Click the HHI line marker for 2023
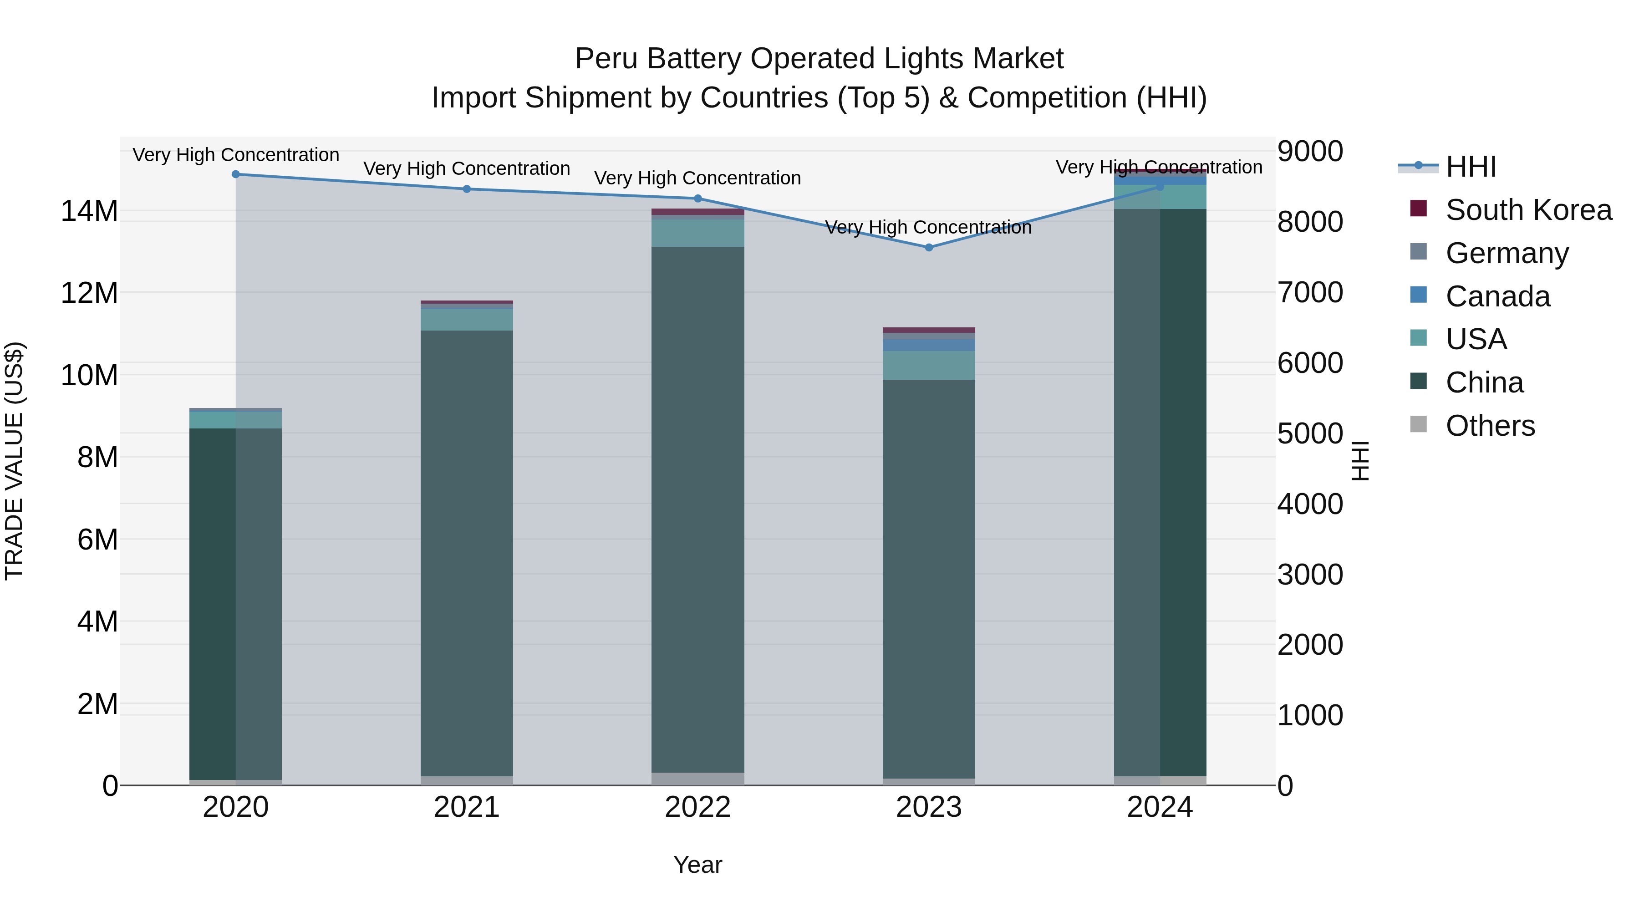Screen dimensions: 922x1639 [928, 248]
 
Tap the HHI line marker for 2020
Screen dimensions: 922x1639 [235, 174]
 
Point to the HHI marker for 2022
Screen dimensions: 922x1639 [697, 199]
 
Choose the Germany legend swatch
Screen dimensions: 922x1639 [1418, 252]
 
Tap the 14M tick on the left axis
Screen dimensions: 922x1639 [89, 211]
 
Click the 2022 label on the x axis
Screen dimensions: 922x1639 [697, 807]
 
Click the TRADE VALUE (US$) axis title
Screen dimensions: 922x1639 [14, 461]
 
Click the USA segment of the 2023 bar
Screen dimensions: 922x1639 [928, 365]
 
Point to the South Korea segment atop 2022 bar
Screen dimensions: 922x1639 [697, 212]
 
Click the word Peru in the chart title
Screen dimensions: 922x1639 [596, 59]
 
